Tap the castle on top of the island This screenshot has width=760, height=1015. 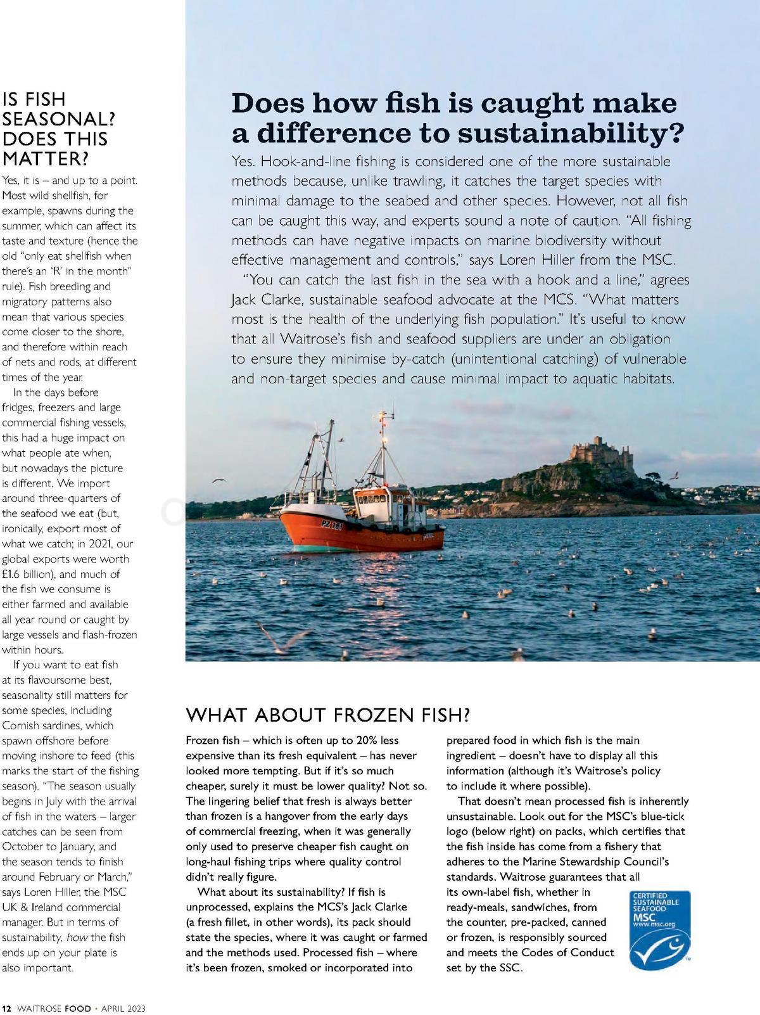click(x=599, y=451)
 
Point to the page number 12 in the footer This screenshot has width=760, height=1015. click(x=7, y=1007)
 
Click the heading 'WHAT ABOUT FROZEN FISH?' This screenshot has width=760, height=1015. click(x=328, y=715)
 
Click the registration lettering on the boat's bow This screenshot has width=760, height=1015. click(x=332, y=525)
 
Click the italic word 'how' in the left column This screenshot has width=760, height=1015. click(x=76, y=937)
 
